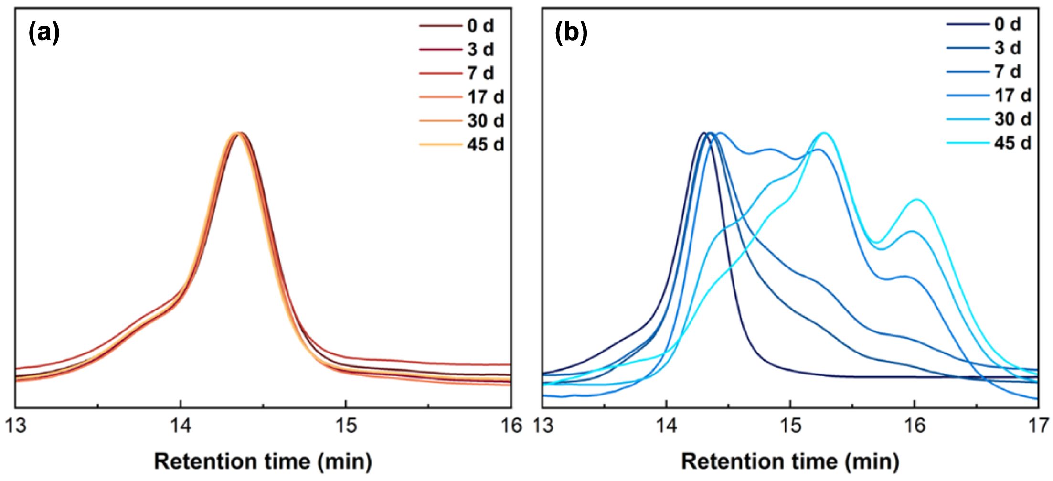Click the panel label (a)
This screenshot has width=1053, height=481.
pyautogui.click(x=44, y=34)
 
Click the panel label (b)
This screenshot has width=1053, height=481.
pyautogui.click(x=571, y=34)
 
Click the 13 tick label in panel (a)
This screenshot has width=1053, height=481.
pyautogui.click(x=16, y=426)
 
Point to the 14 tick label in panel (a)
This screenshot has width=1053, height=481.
pyautogui.click(x=181, y=426)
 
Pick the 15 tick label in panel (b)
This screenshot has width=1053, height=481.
pyautogui.click(x=791, y=426)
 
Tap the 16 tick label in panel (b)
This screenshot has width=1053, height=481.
pyautogui.click(x=915, y=426)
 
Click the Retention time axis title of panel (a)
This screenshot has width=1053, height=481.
pyautogui.click(x=263, y=461)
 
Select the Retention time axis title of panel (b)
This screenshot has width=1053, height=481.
pyautogui.click(x=790, y=461)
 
